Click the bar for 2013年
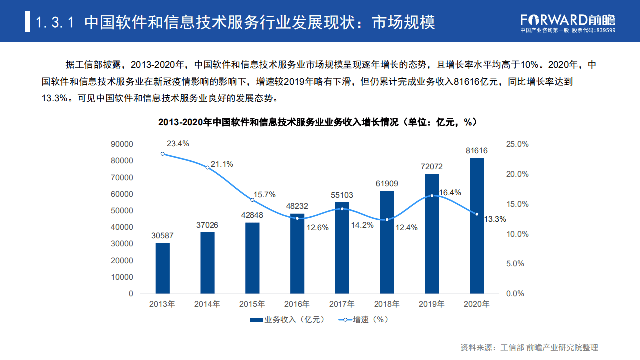coord(162,268)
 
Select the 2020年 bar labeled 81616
coord(476,226)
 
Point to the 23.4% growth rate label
coord(178,144)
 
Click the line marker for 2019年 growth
coord(432,196)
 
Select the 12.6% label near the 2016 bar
coord(317,228)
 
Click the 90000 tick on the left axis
coord(122,144)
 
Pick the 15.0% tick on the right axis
coord(517,204)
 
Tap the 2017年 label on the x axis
coord(342,304)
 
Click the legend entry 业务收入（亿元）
coord(287,319)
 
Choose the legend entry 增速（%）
coord(364,319)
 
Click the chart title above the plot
coord(317,122)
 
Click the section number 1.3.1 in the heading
coord(56,22)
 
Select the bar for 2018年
coord(387,242)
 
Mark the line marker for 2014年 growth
coord(207,167)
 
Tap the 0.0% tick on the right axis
coord(515,294)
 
